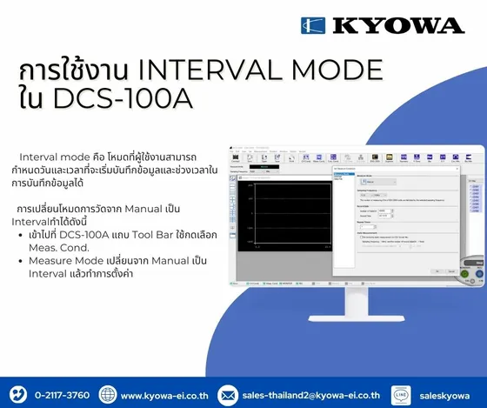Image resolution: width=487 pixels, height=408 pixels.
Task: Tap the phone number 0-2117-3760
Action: click(62, 395)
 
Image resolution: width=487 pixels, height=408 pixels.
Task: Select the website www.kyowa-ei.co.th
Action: click(164, 395)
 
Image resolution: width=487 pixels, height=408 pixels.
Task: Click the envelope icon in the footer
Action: click(228, 394)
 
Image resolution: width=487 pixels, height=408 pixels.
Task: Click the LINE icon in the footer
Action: click(406, 394)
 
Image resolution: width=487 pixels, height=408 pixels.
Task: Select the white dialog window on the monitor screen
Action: click(387, 222)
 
